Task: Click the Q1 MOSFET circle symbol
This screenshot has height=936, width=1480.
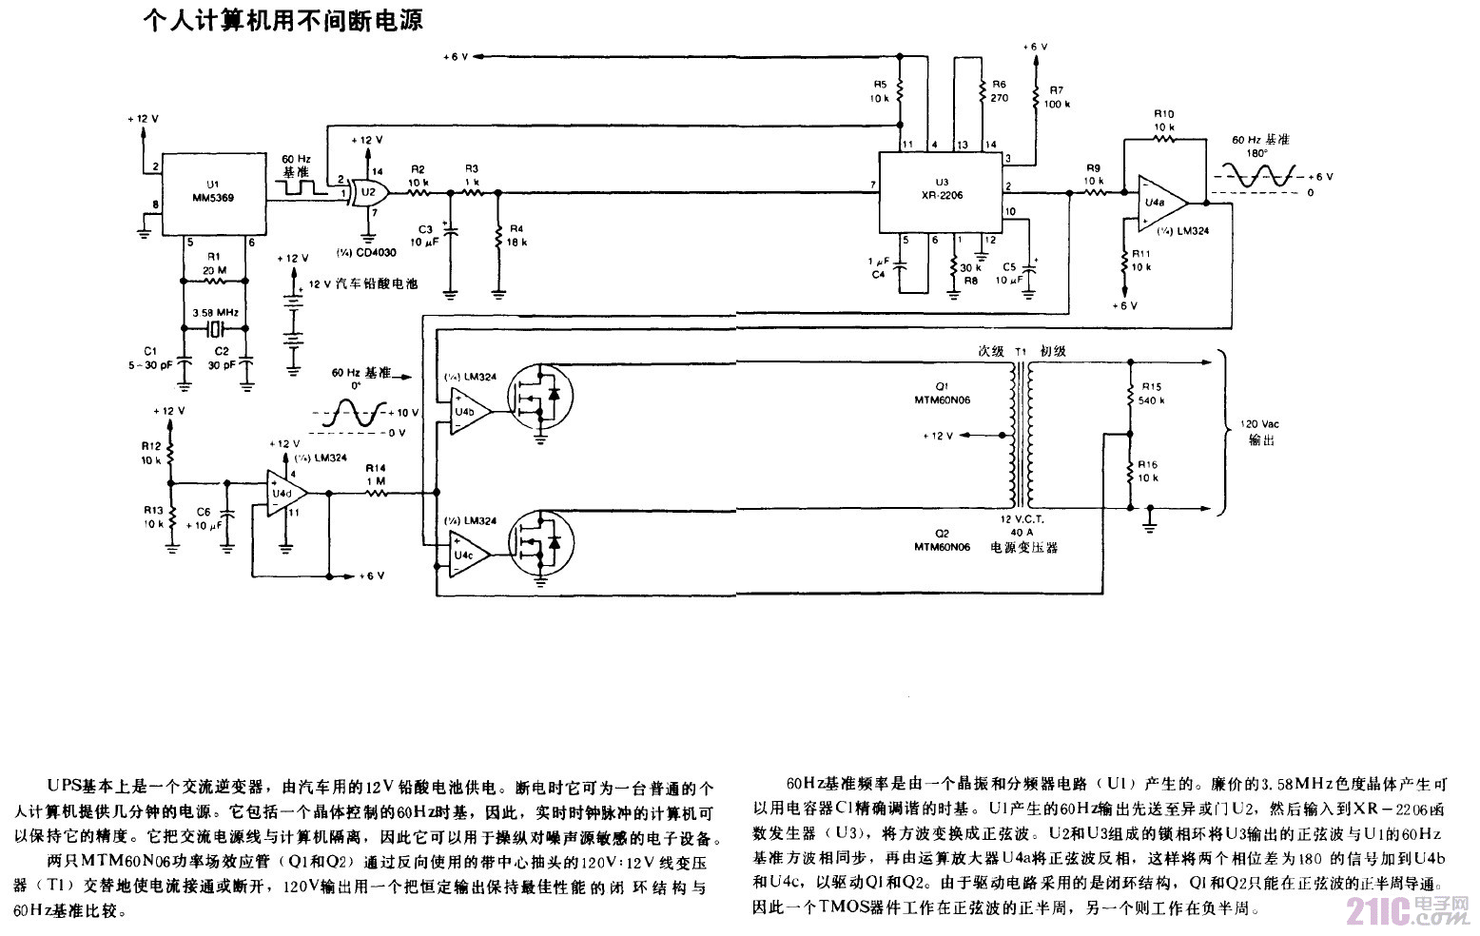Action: tap(540, 398)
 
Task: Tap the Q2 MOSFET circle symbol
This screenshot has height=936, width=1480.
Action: tap(540, 541)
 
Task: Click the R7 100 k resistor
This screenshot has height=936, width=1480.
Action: tap(1034, 96)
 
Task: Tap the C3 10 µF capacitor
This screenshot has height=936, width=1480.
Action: tap(451, 229)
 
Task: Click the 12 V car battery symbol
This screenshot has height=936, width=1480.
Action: tap(296, 328)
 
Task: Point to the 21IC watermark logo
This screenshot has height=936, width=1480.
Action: tap(1408, 910)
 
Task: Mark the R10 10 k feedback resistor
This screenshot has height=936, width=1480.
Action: tap(1162, 139)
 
